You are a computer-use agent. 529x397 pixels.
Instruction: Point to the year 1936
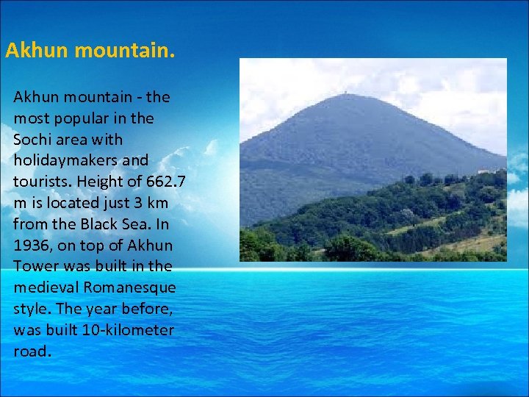point(32,245)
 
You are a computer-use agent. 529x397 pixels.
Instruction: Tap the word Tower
point(34,266)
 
